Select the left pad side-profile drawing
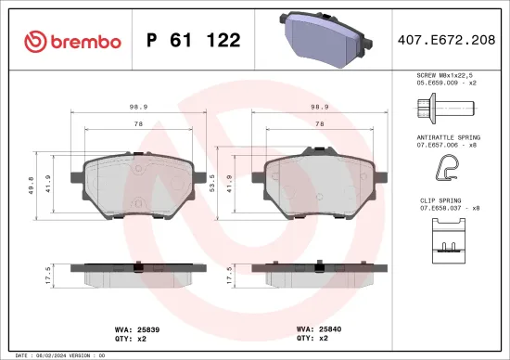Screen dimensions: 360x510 pos(138,274)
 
